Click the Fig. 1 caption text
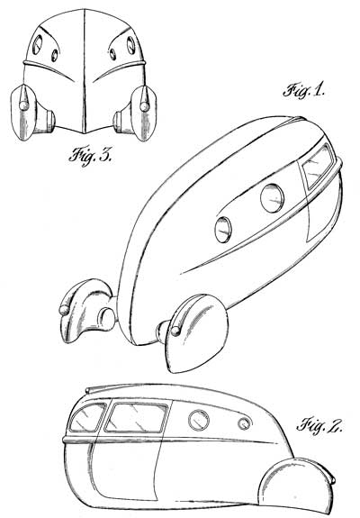304,91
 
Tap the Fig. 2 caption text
319,425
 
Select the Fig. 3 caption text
90,155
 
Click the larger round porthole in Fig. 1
272,198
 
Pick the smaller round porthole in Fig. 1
223,230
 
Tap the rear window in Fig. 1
318,166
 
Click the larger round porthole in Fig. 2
199,420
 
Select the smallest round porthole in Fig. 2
244,423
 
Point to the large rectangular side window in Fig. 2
136,417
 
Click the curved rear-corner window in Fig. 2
87,418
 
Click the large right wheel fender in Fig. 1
194,333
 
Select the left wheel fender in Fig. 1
84,311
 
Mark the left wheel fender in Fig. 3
23,113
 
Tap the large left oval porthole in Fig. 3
38,45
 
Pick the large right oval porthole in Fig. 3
131,45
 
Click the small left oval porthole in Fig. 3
55,55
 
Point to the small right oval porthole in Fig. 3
112,55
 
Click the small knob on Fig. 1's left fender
64,310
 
